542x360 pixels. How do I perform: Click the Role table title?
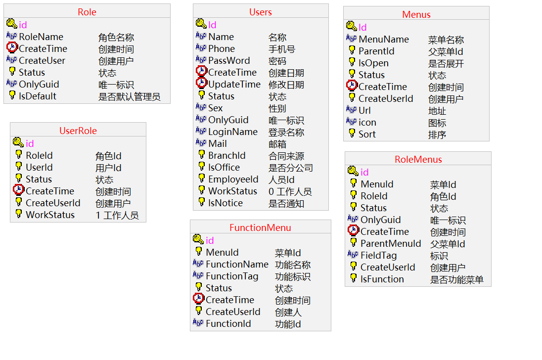pyautogui.click(x=87, y=12)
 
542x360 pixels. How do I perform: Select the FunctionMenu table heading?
pyautogui.click(x=260, y=228)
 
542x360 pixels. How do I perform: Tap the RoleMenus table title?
pyautogui.click(x=418, y=160)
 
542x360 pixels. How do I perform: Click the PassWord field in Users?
pyautogui.click(x=229, y=61)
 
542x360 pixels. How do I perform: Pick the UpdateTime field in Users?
pyautogui.click(x=234, y=85)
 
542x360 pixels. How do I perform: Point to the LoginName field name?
pyautogui.click(x=233, y=132)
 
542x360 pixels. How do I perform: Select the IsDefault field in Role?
pyautogui.click(x=38, y=96)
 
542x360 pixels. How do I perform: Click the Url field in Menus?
pyautogui.click(x=364, y=111)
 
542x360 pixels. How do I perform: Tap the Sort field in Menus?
pyautogui.click(x=367, y=135)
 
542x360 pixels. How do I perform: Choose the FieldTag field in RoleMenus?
pyautogui.click(x=378, y=256)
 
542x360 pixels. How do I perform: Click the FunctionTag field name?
pyautogui.click(x=232, y=276)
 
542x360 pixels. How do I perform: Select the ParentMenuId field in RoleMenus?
pyautogui.click(x=391, y=244)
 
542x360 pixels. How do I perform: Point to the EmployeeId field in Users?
pyautogui.click(x=233, y=180)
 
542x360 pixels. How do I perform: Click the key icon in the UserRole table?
pyautogui.click(x=18, y=143)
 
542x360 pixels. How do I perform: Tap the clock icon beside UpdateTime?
pyautogui.click(x=201, y=84)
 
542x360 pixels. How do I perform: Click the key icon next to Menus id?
pyautogui.click(x=351, y=26)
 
